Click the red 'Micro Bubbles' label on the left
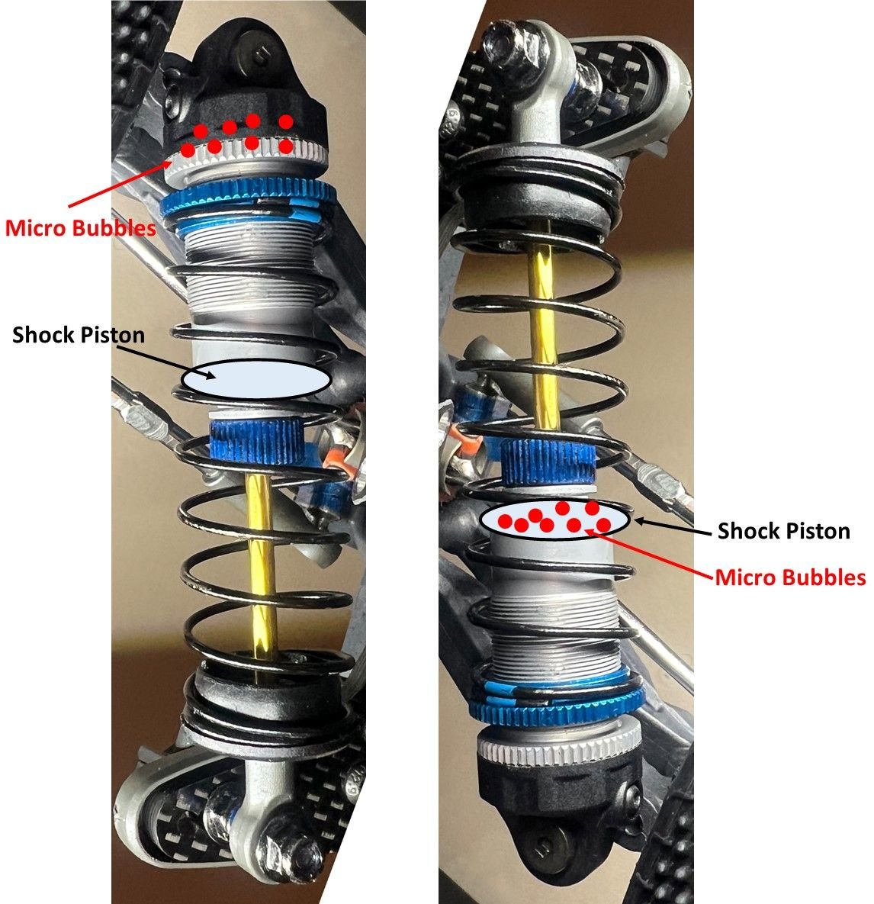click(81, 227)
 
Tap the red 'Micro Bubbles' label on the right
click(790, 577)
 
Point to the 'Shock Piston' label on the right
click(783, 530)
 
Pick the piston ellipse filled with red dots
click(555, 520)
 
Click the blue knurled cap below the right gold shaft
click(547, 462)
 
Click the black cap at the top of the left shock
click(252, 84)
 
